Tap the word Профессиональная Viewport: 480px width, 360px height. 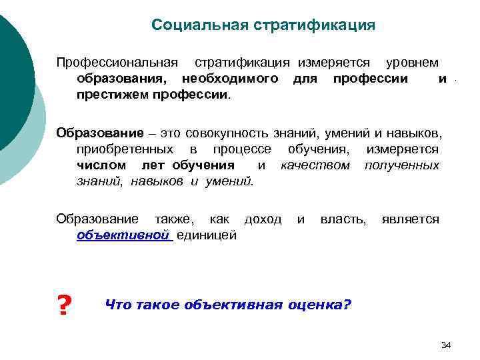[x=117, y=63]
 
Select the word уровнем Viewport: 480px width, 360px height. [x=412, y=63]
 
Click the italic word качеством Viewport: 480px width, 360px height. [x=315, y=165]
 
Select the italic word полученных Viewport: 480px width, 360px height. [x=401, y=165]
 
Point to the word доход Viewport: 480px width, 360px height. [x=263, y=219]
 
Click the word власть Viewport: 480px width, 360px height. [x=343, y=219]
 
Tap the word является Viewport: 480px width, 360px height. [x=410, y=219]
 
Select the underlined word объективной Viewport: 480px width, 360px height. [x=123, y=235]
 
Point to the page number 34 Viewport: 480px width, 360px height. [x=446, y=345]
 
